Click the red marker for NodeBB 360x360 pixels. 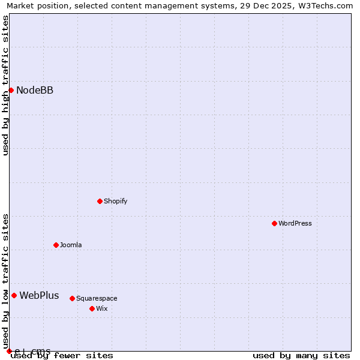tap(11, 90)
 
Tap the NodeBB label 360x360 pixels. tap(35, 91)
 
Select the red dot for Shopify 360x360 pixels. tap(100, 201)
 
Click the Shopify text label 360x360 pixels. tap(115, 202)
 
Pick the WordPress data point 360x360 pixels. tap(274, 223)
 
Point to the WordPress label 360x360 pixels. tap(295, 224)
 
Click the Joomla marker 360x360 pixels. tap(56, 245)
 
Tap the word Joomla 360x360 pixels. tap(71, 245)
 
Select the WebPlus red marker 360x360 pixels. tap(14, 295)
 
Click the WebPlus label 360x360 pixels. tap(39, 296)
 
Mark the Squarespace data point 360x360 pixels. tap(72, 298)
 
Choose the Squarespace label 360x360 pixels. tap(97, 299)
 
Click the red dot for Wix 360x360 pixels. tap(92, 308)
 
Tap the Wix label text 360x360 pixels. tap(102, 309)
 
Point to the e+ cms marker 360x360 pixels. tap(9, 351)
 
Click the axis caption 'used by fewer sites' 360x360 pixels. tap(62, 356)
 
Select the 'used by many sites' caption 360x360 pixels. tap(301, 356)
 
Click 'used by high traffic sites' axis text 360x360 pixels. tap(5, 85)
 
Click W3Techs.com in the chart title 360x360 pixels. tap(324, 6)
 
